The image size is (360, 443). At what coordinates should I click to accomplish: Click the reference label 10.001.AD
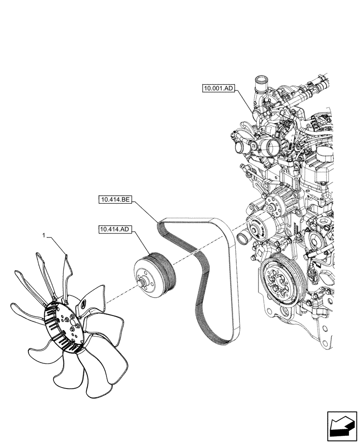[218, 89]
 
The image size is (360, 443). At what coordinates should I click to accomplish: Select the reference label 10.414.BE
[114, 201]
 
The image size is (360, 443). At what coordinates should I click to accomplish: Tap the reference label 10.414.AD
[114, 229]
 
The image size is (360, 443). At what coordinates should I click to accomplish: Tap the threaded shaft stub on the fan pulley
[141, 280]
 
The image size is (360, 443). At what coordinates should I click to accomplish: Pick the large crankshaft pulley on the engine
[281, 279]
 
